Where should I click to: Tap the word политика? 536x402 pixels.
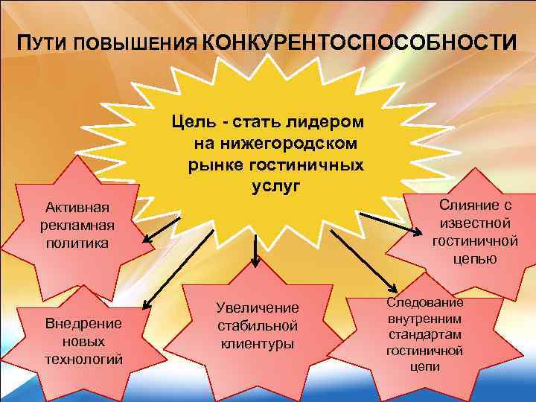click(76, 243)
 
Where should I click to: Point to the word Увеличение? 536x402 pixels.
click(257, 307)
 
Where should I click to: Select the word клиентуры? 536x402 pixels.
click(257, 343)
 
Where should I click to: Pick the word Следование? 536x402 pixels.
click(425, 303)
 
